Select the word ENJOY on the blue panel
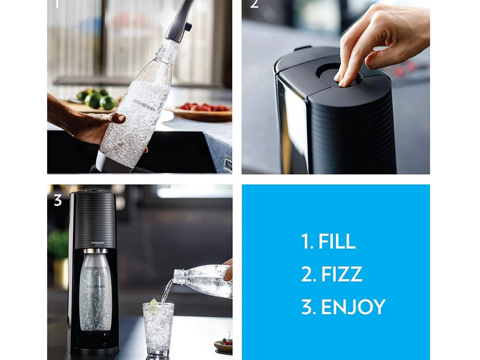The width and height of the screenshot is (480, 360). click(353, 307)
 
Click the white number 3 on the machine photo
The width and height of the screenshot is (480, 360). click(58, 200)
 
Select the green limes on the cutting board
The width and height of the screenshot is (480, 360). click(98, 100)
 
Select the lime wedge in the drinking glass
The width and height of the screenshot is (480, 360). click(154, 303)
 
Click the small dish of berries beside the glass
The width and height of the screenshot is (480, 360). click(223, 345)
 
